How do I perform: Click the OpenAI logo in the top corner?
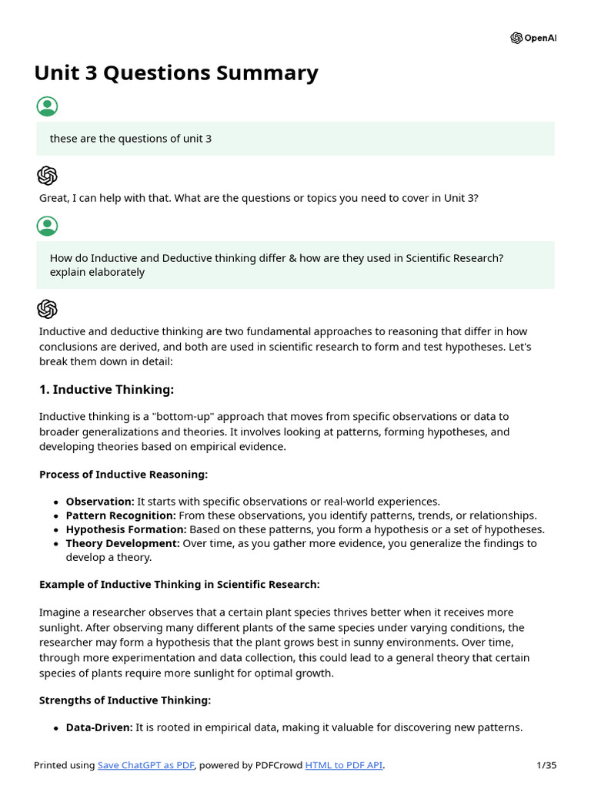pyautogui.click(x=533, y=38)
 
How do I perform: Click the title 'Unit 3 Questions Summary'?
pyautogui.click(x=176, y=73)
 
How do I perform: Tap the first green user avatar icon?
pyautogui.click(x=47, y=106)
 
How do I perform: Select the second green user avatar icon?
pyautogui.click(x=47, y=226)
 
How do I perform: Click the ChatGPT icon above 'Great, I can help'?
pyautogui.click(x=47, y=176)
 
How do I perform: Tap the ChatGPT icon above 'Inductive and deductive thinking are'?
pyautogui.click(x=47, y=309)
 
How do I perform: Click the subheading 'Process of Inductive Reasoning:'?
pyautogui.click(x=123, y=474)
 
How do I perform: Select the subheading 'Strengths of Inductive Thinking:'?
pyautogui.click(x=125, y=700)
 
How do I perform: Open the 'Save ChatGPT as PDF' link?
pyautogui.click(x=146, y=765)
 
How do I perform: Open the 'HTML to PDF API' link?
pyautogui.click(x=344, y=765)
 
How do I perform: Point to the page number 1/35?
pyautogui.click(x=546, y=765)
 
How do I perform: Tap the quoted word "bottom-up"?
pyautogui.click(x=182, y=417)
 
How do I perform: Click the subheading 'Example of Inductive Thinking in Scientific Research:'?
pyautogui.click(x=179, y=584)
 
